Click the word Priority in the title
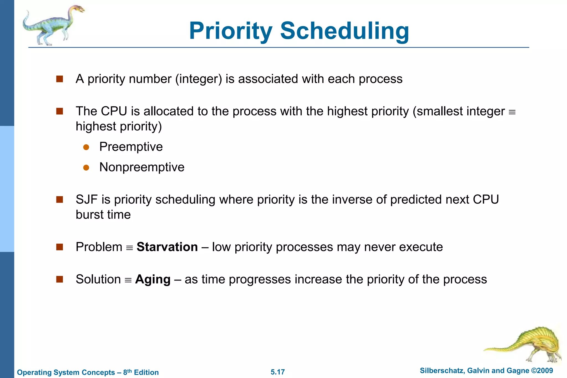click(231, 31)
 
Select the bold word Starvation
click(167, 247)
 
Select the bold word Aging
click(153, 279)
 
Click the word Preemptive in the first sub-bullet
click(131, 147)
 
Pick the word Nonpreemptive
click(142, 167)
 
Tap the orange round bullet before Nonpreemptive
click(86, 168)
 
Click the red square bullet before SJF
click(60, 199)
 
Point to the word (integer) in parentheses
click(199, 79)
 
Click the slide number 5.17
click(277, 372)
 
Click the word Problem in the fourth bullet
click(99, 247)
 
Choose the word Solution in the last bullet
click(98, 279)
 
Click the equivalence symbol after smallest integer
click(512, 112)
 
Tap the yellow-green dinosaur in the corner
click(532, 345)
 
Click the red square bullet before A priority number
click(60, 79)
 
